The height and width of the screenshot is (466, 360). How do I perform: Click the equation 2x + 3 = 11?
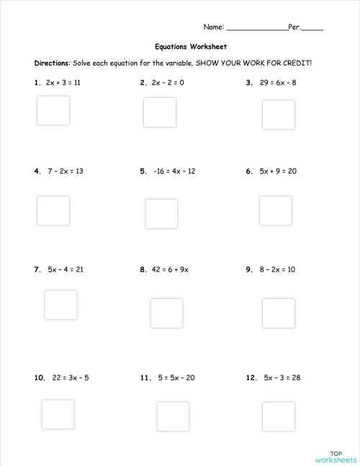click(x=63, y=83)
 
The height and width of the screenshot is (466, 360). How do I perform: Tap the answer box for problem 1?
click(x=53, y=110)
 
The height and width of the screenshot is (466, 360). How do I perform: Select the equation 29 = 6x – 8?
click(x=278, y=83)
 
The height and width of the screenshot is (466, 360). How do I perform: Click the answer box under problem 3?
click(x=278, y=115)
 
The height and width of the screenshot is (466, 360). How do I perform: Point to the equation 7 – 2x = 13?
click(x=66, y=171)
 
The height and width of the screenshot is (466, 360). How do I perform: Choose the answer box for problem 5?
click(x=161, y=213)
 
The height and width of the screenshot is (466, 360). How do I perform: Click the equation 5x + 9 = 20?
click(x=278, y=171)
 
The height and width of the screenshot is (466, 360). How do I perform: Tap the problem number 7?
click(x=37, y=270)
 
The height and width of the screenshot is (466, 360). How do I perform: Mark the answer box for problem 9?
click(x=278, y=313)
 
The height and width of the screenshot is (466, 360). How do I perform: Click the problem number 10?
click(x=39, y=377)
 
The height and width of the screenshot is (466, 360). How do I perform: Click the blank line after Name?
click(x=257, y=28)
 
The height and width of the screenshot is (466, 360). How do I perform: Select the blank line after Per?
click(x=312, y=28)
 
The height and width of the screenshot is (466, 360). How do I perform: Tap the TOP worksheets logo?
click(x=336, y=455)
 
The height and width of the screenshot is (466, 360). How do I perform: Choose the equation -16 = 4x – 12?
click(x=174, y=171)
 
